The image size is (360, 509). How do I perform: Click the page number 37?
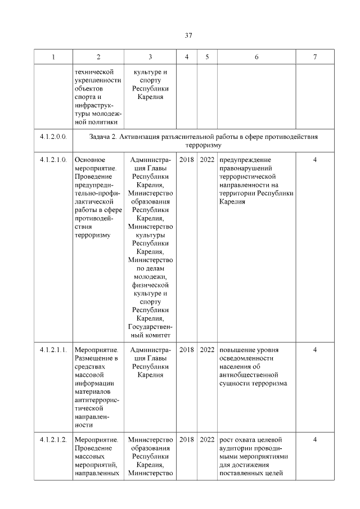pyautogui.click(x=189, y=35)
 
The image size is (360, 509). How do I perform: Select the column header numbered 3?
pyautogui.click(x=150, y=57)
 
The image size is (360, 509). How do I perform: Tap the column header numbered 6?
pyautogui.click(x=256, y=57)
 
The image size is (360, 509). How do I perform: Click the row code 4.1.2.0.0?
pyautogui.click(x=53, y=136)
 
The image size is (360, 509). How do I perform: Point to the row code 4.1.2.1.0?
pyautogui.click(x=53, y=160)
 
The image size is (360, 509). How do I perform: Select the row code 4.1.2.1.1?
pyautogui.click(x=53, y=350)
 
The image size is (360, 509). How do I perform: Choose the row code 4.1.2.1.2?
pyautogui.click(x=53, y=439)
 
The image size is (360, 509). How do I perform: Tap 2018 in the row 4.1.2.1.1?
pyautogui.click(x=186, y=350)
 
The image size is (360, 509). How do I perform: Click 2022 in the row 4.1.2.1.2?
pyautogui.click(x=207, y=439)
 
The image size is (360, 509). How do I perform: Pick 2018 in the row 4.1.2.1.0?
pyautogui.click(x=186, y=160)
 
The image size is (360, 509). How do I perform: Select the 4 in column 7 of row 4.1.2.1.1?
pyautogui.click(x=315, y=350)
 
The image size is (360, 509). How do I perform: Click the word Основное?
pyautogui.click(x=90, y=160)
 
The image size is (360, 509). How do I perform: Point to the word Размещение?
pyautogui.click(x=94, y=358)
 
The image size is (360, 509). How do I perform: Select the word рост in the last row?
pyautogui.click(x=227, y=439)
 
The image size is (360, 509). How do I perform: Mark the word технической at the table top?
pyautogui.click(x=94, y=71)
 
